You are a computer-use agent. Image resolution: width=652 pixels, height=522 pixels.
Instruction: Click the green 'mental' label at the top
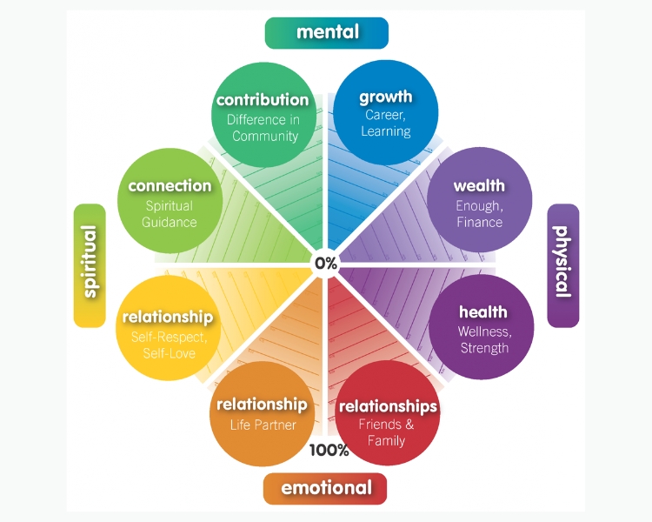(327, 32)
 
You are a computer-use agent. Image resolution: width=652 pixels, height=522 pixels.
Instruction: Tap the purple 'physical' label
(562, 265)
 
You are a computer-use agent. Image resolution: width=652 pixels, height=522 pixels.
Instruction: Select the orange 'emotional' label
(326, 488)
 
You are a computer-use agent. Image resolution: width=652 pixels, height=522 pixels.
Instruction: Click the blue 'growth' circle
(386, 112)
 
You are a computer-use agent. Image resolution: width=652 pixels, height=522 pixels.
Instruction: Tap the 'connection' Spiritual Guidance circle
(170, 202)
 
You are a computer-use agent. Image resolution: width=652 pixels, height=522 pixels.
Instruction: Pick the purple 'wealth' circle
(479, 202)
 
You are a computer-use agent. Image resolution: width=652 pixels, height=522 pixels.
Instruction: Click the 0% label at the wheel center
(326, 262)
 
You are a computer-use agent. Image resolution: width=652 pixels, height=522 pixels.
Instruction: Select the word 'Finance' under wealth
(479, 222)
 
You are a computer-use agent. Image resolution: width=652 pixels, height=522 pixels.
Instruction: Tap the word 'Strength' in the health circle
(484, 348)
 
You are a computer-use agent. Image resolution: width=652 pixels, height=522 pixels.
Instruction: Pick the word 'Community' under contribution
(265, 136)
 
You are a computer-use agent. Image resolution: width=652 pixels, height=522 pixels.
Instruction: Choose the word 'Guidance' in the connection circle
(170, 222)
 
